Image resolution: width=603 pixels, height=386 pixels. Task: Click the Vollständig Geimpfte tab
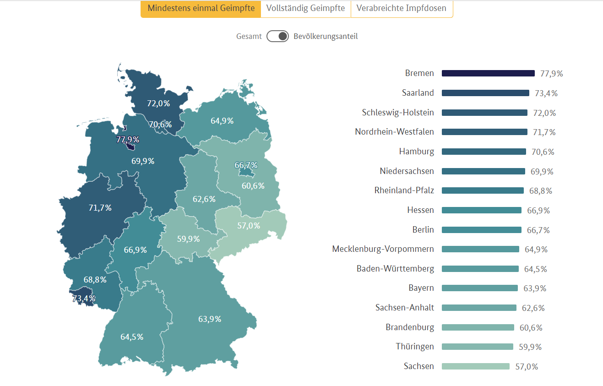click(305, 9)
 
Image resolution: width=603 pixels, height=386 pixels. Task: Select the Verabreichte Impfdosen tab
click(402, 9)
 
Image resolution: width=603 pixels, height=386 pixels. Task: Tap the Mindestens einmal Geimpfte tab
click(201, 9)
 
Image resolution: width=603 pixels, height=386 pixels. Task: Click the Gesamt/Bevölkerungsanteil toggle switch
click(277, 36)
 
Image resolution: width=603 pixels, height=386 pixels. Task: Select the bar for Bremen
click(488, 73)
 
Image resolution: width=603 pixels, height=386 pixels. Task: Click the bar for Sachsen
click(475, 366)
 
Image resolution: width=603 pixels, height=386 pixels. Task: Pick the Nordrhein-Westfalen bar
click(484, 132)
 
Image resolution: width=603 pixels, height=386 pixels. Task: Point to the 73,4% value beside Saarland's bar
click(546, 93)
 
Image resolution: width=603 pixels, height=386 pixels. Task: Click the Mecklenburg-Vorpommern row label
click(383, 249)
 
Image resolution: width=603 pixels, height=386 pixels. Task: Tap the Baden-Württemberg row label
click(395, 269)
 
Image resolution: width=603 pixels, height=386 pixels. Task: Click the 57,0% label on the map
click(249, 225)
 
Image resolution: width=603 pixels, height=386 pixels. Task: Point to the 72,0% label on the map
click(158, 103)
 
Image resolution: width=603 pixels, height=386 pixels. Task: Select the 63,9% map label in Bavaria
click(210, 319)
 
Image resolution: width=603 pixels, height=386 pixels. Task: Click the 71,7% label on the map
click(100, 208)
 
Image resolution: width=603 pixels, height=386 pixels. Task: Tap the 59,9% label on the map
click(188, 239)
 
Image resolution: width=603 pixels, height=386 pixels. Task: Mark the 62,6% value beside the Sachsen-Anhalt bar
click(533, 308)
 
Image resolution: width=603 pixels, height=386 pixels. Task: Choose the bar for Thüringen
click(477, 347)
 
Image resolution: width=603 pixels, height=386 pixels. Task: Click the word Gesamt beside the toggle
click(249, 36)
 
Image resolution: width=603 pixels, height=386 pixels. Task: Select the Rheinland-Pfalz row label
click(404, 190)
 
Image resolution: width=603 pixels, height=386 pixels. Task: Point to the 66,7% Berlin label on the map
click(246, 165)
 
